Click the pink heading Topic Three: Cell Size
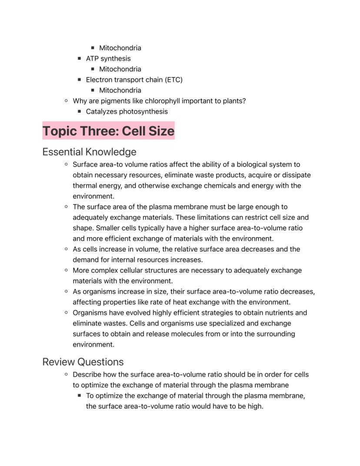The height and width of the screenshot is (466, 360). [x=108, y=131]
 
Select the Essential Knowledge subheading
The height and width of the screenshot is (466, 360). [x=89, y=152]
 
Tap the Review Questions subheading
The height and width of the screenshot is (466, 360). [x=83, y=362]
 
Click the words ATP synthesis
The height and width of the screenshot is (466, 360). [x=108, y=58]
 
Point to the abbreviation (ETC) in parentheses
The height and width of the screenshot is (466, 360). [x=173, y=80]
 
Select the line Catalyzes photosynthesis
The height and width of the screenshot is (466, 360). [x=127, y=111]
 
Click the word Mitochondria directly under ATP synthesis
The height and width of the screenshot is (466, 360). [x=120, y=69]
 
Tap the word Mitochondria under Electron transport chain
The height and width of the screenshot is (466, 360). [x=120, y=90]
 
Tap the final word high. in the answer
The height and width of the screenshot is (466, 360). [x=255, y=406]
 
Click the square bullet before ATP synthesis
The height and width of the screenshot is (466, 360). [x=79, y=58]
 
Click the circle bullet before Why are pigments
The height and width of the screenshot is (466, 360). [x=66, y=101]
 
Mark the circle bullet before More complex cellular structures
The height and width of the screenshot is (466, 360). [x=66, y=270]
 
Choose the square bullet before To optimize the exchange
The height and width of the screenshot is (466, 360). [x=79, y=396]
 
